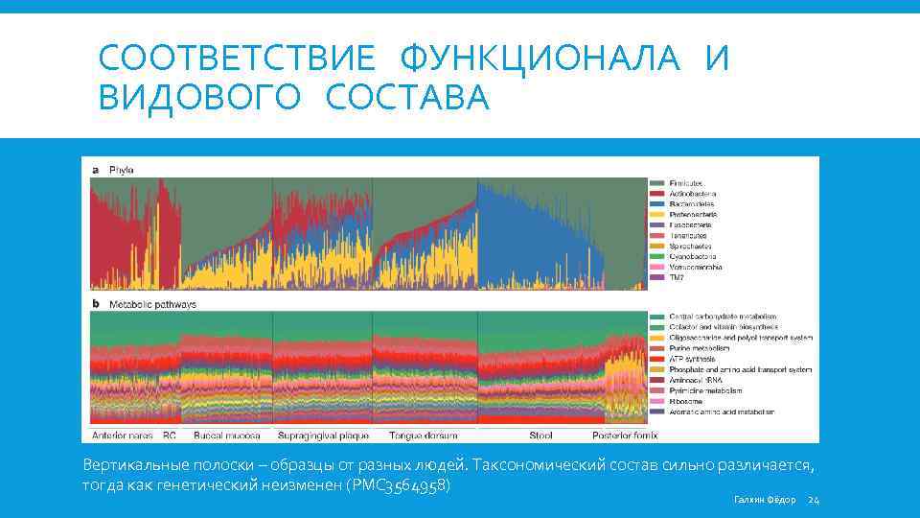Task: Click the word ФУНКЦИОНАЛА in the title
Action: coord(542,59)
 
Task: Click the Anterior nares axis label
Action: coord(122,435)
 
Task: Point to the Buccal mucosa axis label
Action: coord(224,435)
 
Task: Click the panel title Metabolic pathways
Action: coord(152,304)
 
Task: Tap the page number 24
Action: coord(814,500)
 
